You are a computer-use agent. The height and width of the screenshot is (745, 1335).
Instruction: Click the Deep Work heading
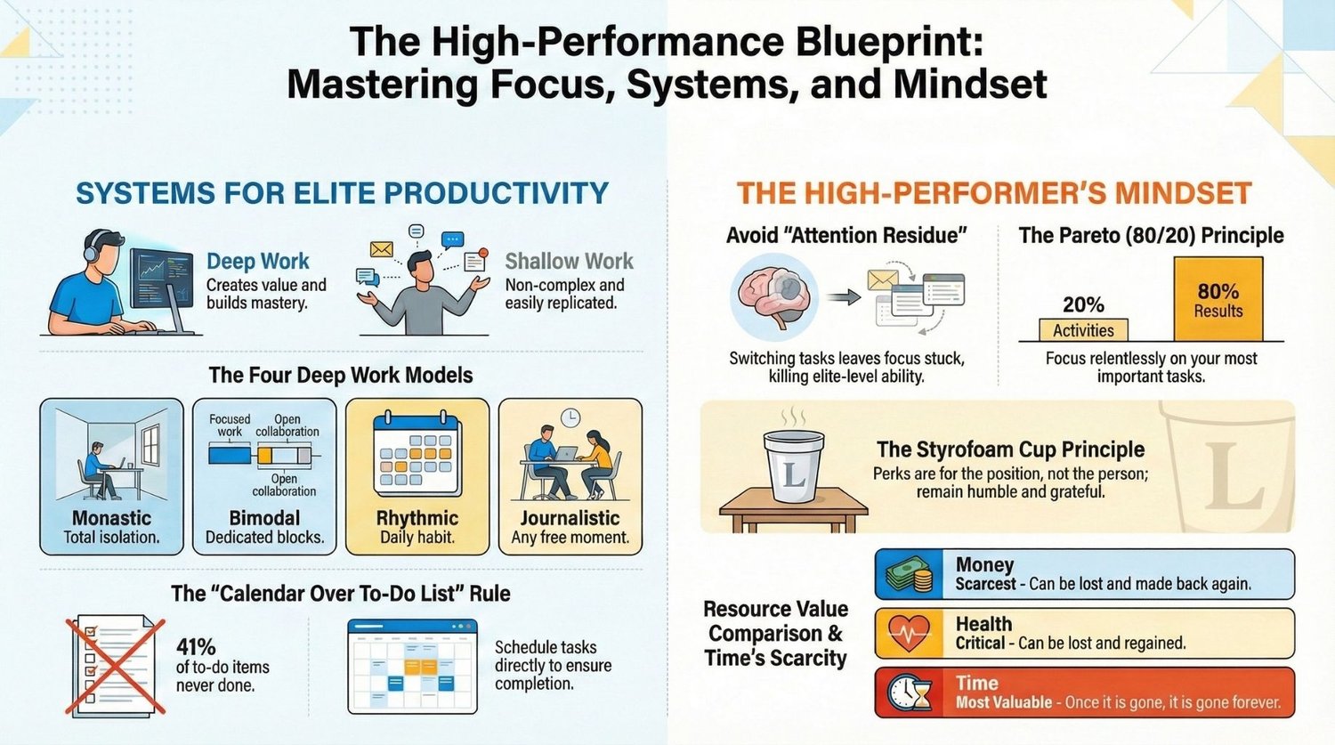[257, 261]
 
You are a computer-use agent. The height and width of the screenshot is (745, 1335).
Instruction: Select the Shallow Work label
[570, 261]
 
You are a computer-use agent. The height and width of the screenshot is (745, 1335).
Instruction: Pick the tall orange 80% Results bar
[1218, 298]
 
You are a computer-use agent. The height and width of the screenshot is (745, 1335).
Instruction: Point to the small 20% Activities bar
[1083, 329]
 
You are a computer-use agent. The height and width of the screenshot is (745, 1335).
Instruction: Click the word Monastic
[111, 517]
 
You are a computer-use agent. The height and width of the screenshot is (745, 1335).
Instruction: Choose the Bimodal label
[264, 517]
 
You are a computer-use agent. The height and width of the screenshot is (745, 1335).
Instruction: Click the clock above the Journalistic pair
[570, 417]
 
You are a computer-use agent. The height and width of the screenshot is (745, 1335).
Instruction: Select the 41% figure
[196, 647]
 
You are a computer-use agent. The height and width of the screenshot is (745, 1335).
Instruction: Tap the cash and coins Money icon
[910, 574]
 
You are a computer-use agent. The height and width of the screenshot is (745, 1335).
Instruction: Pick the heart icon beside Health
[909, 634]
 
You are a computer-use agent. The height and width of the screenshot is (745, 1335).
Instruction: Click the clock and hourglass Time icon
[910, 692]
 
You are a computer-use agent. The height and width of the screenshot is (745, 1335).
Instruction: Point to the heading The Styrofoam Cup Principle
[1011, 449]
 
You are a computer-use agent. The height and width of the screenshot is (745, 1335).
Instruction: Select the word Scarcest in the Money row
[986, 584]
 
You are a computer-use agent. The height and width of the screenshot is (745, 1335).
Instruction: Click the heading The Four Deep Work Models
[341, 375]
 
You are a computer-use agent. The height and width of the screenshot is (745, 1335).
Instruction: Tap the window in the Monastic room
[150, 446]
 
